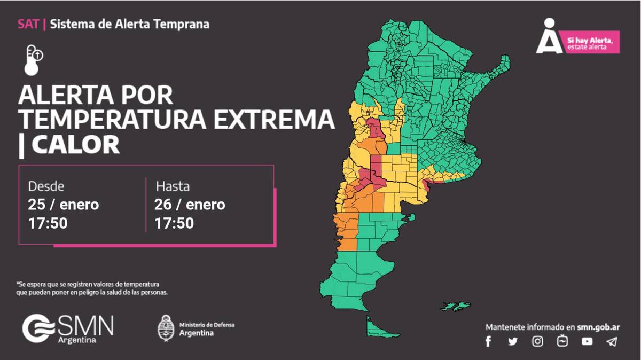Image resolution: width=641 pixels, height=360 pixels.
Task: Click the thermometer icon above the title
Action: (33, 59)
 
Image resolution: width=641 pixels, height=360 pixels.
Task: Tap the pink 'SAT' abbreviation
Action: (28, 24)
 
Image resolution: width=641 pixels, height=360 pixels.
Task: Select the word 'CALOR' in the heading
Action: (75, 145)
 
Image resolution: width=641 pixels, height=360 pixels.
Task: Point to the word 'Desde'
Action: (46, 187)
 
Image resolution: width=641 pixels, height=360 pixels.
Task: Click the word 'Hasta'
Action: (173, 187)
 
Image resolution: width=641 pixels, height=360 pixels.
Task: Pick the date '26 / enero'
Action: (190, 205)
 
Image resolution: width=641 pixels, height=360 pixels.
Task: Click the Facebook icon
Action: (488, 342)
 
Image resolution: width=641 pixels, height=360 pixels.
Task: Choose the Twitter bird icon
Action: (513, 342)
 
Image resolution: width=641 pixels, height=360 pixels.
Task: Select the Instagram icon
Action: (538, 342)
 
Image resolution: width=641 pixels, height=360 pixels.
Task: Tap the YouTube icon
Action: (587, 342)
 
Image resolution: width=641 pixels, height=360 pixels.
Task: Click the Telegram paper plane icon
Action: (612, 342)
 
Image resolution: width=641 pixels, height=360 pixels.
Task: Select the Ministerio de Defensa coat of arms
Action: (166, 327)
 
